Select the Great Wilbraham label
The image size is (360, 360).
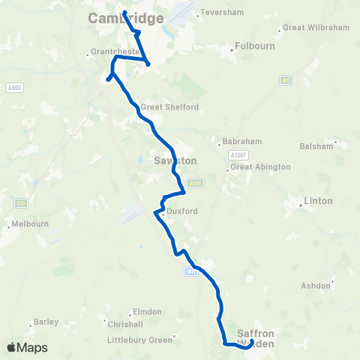pyautogui.click(x=315, y=28)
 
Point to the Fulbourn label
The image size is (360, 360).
pyautogui.click(x=254, y=46)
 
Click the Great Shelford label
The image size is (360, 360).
pyautogui.click(x=169, y=107)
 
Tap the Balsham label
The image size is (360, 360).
pyautogui.click(x=316, y=146)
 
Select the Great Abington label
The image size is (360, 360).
pyautogui.click(x=260, y=167)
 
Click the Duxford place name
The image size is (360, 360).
pyautogui.click(x=182, y=211)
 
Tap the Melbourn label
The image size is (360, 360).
pyautogui.click(x=30, y=224)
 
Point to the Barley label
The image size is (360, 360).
pyautogui.click(x=46, y=322)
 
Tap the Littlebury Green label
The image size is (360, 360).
pyautogui.click(x=149, y=340)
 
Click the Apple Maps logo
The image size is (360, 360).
pyautogui.click(x=27, y=347)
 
